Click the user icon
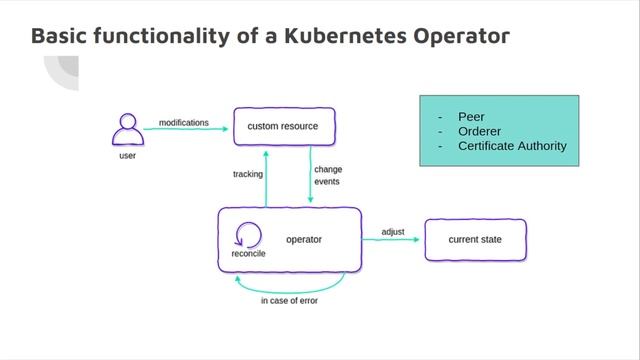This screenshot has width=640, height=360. [x=127, y=130]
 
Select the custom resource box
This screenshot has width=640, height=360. [x=283, y=127]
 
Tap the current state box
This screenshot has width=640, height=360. [x=475, y=240]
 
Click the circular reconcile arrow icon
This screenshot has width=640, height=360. [x=248, y=236]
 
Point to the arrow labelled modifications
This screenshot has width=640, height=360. [x=184, y=130]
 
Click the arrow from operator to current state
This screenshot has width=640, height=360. [x=392, y=241]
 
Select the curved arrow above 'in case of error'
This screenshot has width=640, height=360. [x=289, y=284]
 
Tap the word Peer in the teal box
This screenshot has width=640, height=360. [x=471, y=116]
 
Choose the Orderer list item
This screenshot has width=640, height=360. [x=479, y=131]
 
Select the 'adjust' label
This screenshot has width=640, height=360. [x=393, y=232]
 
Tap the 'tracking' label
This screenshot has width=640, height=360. [x=247, y=174]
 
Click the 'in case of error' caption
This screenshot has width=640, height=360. [x=289, y=300]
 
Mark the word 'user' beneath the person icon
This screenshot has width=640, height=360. [x=127, y=156]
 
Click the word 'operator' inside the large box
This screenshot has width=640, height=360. [x=304, y=240]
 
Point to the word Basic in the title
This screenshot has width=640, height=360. [x=61, y=36]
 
